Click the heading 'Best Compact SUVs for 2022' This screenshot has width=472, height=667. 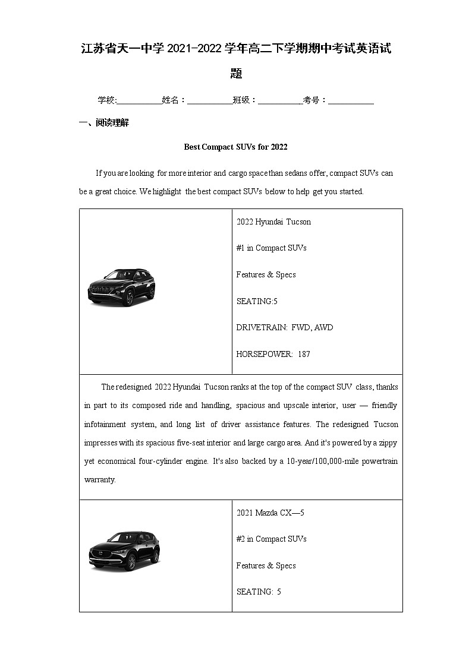click(235, 147)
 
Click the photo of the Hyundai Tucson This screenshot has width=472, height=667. click(121, 287)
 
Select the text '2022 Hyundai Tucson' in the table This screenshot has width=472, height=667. click(273, 222)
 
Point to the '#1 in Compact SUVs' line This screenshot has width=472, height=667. click(271, 248)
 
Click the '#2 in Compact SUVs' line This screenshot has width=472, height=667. click(271, 539)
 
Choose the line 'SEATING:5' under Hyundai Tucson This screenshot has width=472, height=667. click(257, 301)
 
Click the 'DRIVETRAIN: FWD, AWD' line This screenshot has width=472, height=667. click(284, 327)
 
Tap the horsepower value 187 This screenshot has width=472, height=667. click(304, 354)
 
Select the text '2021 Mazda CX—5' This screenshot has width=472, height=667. click(270, 513)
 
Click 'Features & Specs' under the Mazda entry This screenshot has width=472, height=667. click(266, 565)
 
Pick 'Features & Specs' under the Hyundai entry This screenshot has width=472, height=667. click(266, 274)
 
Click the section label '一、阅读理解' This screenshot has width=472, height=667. click(103, 123)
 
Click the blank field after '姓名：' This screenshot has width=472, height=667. click(209, 100)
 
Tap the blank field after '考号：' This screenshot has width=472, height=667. click(351, 100)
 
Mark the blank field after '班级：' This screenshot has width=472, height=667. click(279, 100)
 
